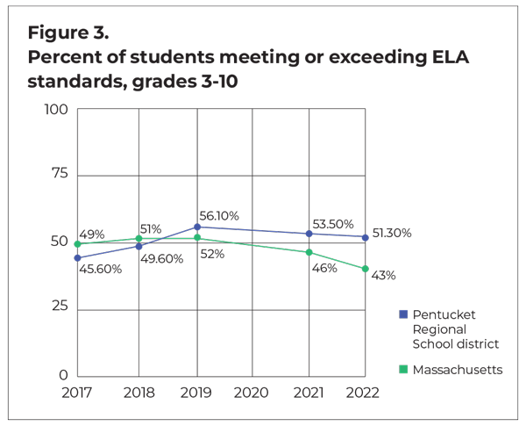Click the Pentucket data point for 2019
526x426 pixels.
pos(197,227)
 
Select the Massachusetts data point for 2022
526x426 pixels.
pos(366,269)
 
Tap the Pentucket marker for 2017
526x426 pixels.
pos(78,257)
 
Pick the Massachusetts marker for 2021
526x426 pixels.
pos(309,252)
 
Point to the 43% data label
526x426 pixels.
pos(383,276)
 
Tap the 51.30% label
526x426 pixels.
pos(391,234)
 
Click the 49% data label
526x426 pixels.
pos(93,235)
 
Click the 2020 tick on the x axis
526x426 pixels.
pos(252,393)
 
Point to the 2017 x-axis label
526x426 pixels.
pos(78,393)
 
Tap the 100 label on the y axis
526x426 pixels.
pos(55,109)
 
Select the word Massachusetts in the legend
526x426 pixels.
pos(457,370)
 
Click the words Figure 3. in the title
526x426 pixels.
pos(68,35)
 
